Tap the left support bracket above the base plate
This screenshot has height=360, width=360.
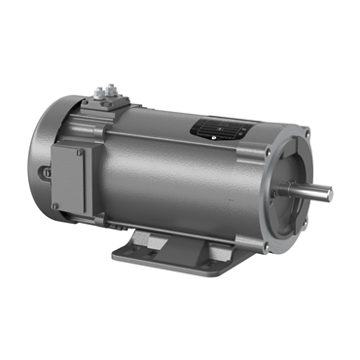pos(136,234)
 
